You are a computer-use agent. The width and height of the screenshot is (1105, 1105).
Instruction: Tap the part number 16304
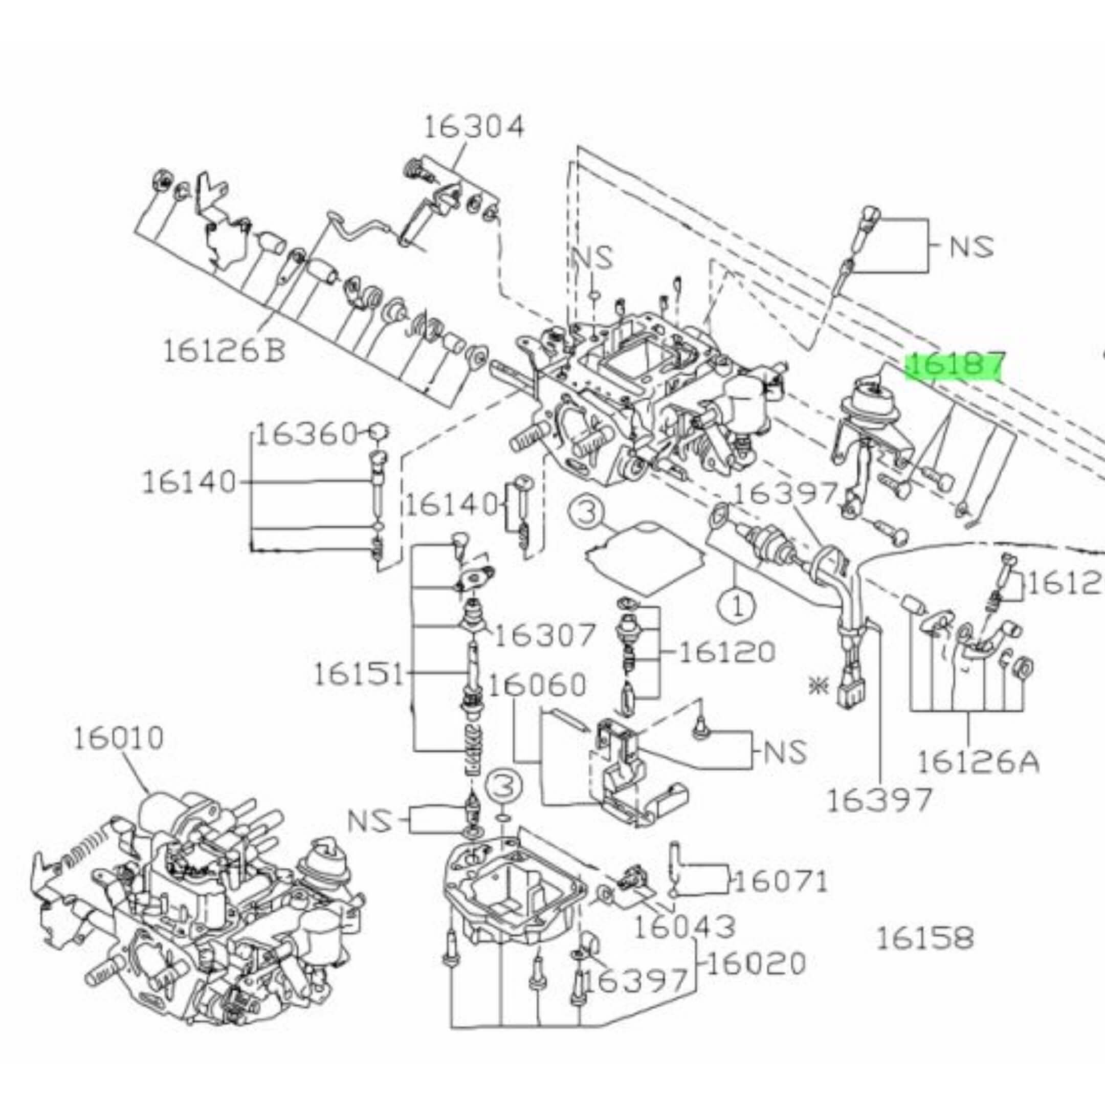pos(474,127)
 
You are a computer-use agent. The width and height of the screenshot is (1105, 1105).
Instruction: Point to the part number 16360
pos(306,435)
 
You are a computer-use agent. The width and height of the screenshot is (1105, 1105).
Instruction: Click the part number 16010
pos(118,738)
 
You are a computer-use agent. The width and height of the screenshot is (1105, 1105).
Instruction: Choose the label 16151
pos(359,674)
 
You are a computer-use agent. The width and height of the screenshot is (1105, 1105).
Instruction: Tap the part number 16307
pos(544,635)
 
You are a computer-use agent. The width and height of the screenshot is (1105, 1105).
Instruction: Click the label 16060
pos(538,684)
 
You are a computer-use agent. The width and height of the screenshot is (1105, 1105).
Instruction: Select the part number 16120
pos(726,651)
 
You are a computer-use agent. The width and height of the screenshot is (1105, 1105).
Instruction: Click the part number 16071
pos(781,897)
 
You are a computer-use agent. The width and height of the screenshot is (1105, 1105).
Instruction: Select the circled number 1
pos(737,606)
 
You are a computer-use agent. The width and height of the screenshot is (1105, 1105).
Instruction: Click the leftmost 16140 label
pos(189,482)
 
